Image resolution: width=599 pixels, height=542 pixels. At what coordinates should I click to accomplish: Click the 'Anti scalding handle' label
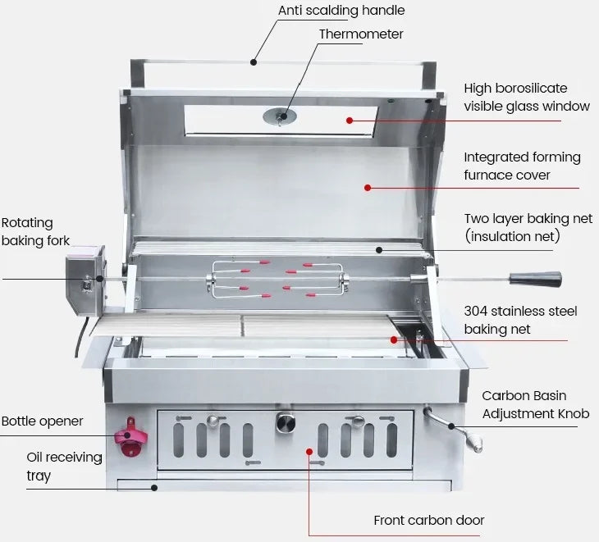pyautogui.click(x=341, y=11)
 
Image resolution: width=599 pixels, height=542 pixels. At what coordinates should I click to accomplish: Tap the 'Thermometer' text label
pyautogui.click(x=361, y=34)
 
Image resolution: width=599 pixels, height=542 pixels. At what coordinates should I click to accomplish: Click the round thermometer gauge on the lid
pyautogui.click(x=281, y=116)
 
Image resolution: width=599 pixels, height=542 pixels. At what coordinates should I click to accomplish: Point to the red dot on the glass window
pyautogui.click(x=350, y=121)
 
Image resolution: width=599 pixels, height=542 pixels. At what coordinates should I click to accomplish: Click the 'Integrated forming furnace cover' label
pyautogui.click(x=522, y=166)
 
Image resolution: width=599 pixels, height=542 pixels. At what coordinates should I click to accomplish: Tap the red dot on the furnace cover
pyautogui.click(x=368, y=188)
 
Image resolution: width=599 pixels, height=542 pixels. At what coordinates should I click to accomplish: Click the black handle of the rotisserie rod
pyautogui.click(x=534, y=279)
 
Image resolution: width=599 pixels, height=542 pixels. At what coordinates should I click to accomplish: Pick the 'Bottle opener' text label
pyautogui.click(x=42, y=421)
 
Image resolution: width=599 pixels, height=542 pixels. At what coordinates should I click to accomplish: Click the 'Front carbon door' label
pyautogui.click(x=428, y=520)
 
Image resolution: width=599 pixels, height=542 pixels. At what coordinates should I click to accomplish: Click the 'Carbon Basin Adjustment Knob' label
pyautogui.click(x=535, y=405)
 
